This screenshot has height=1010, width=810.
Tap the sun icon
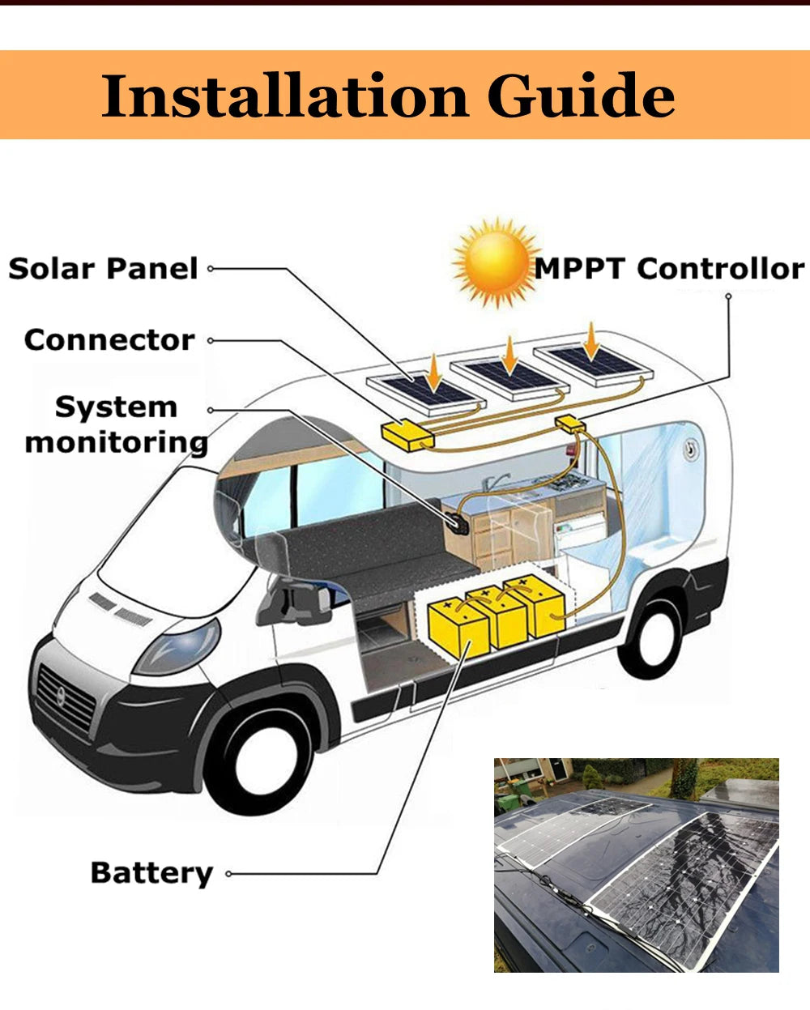coord(495,262)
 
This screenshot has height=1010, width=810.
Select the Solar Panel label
coord(103,269)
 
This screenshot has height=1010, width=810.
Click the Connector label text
coord(109,340)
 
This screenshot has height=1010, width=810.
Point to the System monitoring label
coord(116,425)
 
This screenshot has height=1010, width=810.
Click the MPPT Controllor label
coord(669,269)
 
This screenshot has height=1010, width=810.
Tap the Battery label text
coord(151,873)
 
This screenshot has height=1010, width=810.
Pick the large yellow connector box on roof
coord(407,436)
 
